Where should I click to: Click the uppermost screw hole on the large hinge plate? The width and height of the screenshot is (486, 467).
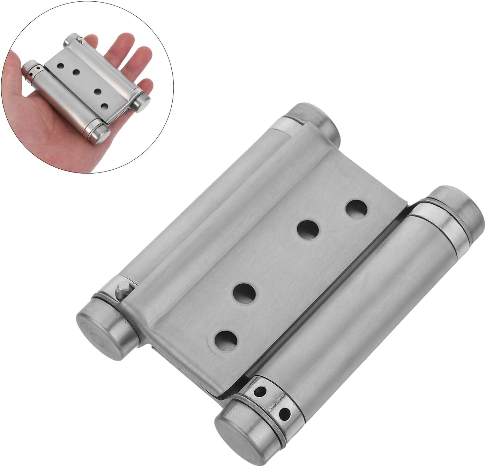point(357,209)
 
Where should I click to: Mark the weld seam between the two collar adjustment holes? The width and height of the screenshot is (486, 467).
point(276,402)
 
